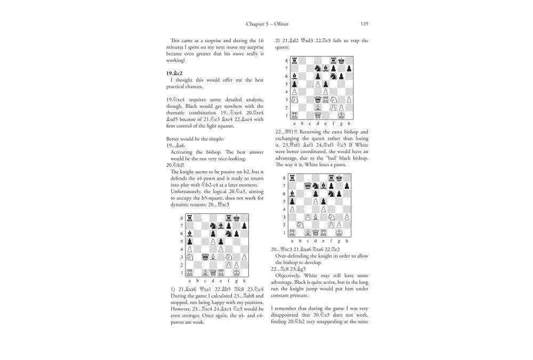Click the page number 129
[x=365, y=24]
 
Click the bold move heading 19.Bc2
[x=176, y=71]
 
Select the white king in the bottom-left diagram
[x=236, y=272]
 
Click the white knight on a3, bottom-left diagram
[x=190, y=256]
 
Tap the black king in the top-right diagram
[x=341, y=60]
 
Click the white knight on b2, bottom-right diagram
[x=303, y=225]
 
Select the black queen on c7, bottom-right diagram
[x=311, y=186]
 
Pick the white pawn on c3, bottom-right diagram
[x=311, y=217]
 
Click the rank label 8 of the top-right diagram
[x=286, y=61]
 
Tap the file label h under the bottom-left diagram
[x=244, y=281]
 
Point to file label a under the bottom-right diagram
[x=295, y=241]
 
